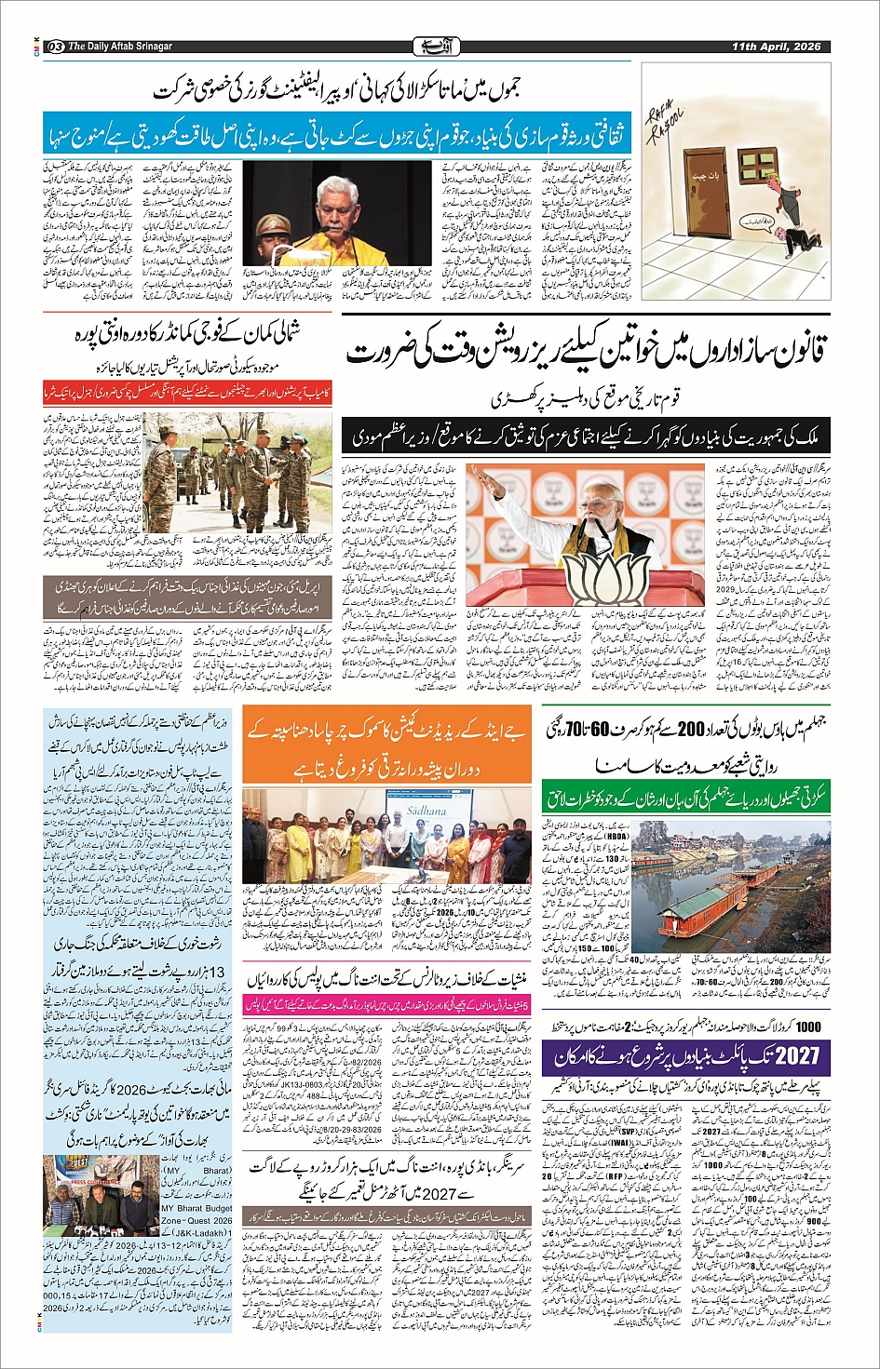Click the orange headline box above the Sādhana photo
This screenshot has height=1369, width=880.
386,748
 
